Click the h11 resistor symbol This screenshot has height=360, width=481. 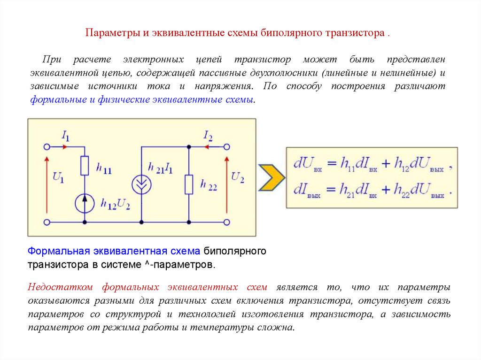(85, 166)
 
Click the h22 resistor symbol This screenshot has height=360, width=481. (189, 184)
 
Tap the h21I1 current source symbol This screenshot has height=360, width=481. (141, 184)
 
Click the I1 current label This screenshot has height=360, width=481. (65, 136)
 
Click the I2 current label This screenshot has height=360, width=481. (208, 136)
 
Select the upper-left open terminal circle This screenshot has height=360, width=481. (47, 146)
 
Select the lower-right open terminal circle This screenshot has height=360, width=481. (227, 221)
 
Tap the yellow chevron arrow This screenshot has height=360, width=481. (272, 177)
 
